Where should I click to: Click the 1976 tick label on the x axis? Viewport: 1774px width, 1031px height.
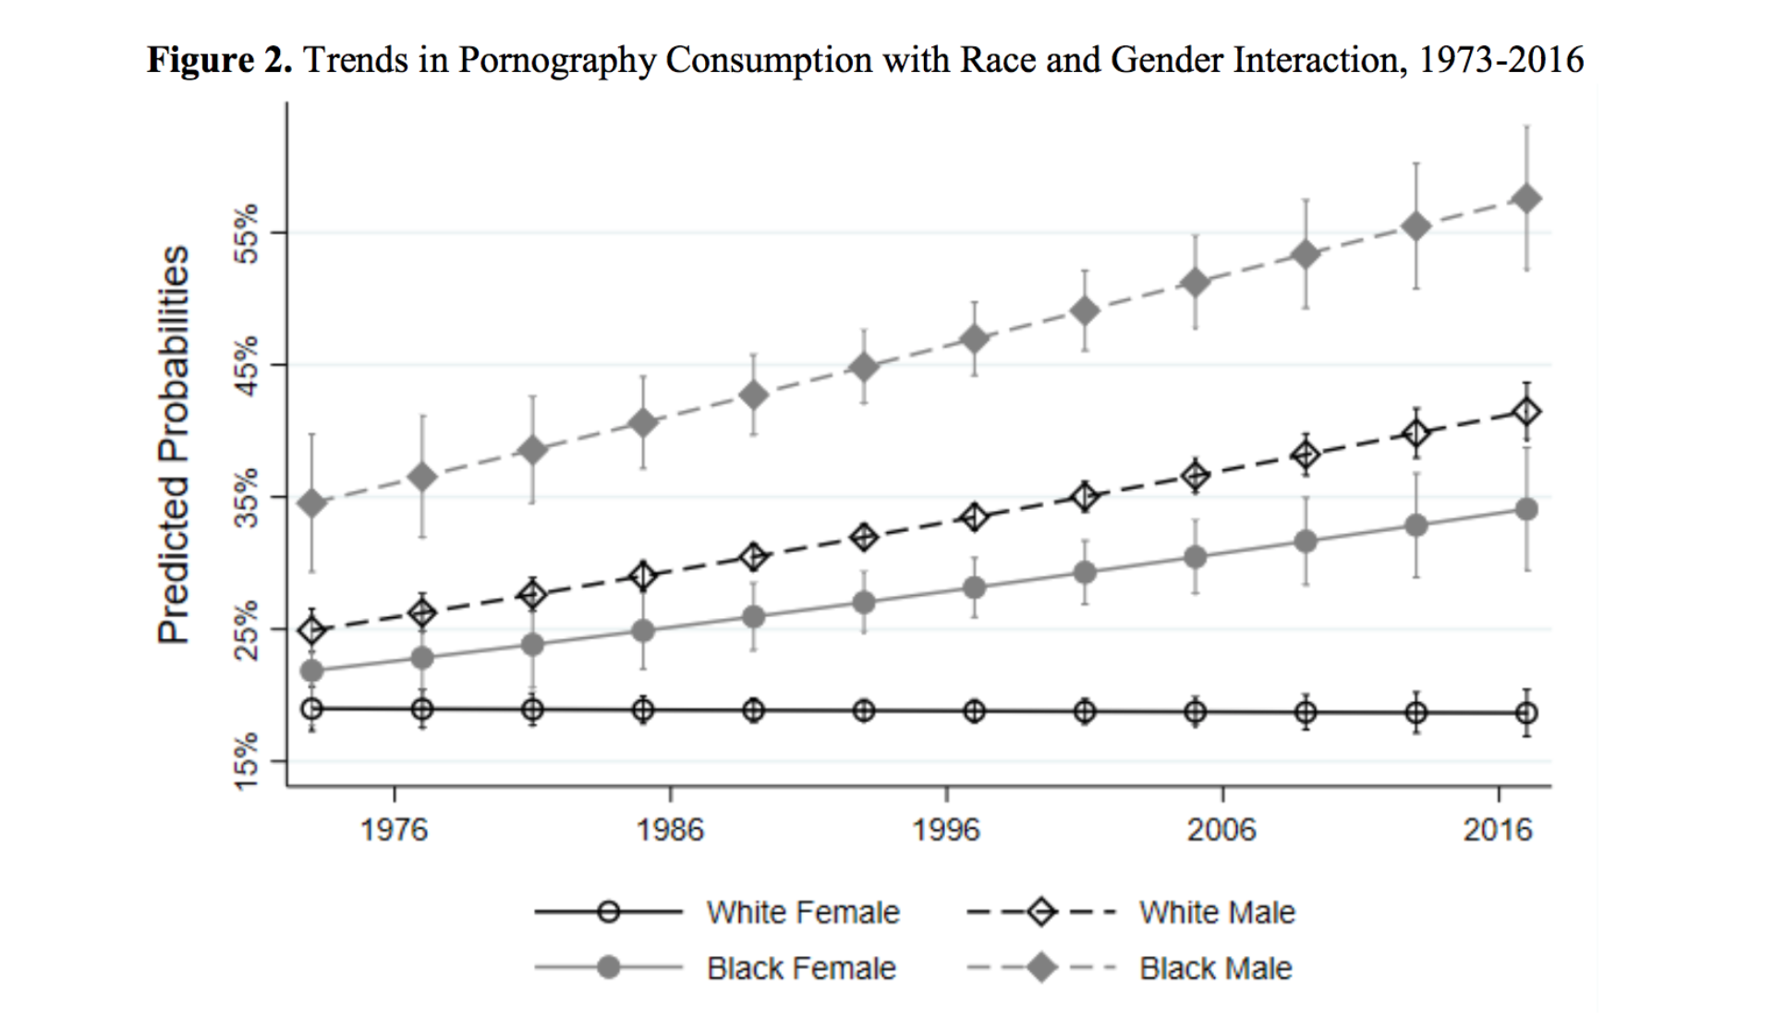[x=395, y=830]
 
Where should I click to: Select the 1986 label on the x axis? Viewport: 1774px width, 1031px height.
[x=670, y=830]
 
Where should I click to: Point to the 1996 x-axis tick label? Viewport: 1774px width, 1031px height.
[x=946, y=830]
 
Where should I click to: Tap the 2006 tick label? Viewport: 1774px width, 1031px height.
[x=1221, y=830]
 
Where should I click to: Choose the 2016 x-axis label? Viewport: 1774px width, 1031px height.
[x=1497, y=830]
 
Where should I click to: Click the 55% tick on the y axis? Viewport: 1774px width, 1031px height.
[x=246, y=234]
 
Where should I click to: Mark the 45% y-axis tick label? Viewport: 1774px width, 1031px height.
[x=246, y=366]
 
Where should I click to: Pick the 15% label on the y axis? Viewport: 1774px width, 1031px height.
[x=246, y=762]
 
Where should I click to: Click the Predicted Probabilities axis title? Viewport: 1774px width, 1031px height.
[x=174, y=444]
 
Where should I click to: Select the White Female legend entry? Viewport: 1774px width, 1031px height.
[x=803, y=913]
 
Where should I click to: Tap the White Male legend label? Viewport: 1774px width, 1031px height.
[x=1217, y=913]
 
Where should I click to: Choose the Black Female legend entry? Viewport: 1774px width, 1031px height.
[x=801, y=968]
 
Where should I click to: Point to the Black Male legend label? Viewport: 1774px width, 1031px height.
[x=1215, y=968]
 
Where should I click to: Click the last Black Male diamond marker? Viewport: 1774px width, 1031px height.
[x=1526, y=199]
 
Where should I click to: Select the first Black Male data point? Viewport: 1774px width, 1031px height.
[x=312, y=503]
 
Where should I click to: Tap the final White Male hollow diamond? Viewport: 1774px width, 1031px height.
[x=1526, y=412]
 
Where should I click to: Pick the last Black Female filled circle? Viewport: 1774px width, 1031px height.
[x=1526, y=509]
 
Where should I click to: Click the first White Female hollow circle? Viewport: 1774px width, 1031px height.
[x=312, y=709]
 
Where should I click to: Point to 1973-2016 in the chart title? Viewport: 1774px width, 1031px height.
[x=1501, y=60]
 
